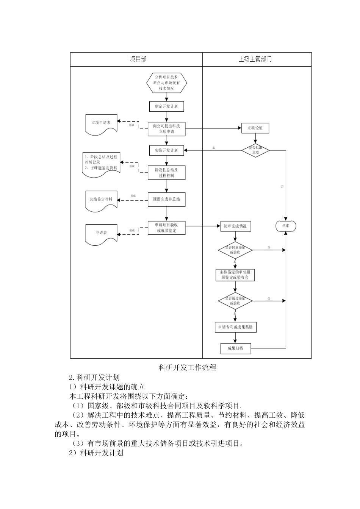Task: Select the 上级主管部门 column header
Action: click(x=257, y=59)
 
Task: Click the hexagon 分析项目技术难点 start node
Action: click(x=166, y=82)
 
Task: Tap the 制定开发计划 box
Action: click(x=166, y=106)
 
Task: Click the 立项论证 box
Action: click(x=255, y=128)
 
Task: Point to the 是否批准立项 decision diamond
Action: click(x=255, y=150)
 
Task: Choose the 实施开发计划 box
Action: click(x=166, y=150)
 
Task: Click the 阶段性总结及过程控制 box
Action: click(x=166, y=173)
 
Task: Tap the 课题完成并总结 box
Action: click(x=166, y=199)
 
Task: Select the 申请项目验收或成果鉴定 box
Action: click(x=166, y=227)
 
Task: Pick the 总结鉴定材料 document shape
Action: click(x=101, y=200)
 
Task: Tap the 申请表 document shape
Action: click(x=101, y=233)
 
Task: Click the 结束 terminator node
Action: click(x=286, y=226)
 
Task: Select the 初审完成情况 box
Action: click(x=235, y=226)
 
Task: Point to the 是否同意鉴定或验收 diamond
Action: click(x=235, y=250)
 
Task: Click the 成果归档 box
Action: click(x=235, y=348)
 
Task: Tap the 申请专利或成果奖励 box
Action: click(x=235, y=327)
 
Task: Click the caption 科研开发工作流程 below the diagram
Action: click(x=187, y=367)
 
